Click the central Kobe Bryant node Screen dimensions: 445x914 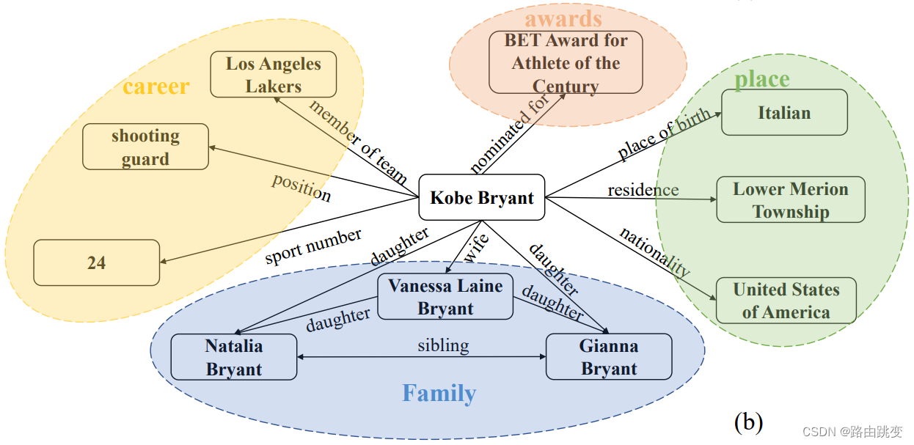(x=482, y=197)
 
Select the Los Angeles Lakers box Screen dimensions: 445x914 (x=274, y=74)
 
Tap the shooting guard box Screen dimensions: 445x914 (x=145, y=147)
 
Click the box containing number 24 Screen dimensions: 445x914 (x=97, y=262)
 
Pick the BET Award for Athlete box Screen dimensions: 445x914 (x=566, y=62)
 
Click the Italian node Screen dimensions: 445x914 (x=784, y=113)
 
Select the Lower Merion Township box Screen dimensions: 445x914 (x=791, y=200)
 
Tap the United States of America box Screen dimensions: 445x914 (x=786, y=301)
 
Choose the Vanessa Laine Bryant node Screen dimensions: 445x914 (x=445, y=297)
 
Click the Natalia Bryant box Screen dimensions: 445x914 (x=234, y=357)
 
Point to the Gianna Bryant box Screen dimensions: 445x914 (x=609, y=357)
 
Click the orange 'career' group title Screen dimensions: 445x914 (x=156, y=87)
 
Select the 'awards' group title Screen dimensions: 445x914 (x=563, y=18)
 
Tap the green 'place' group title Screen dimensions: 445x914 (x=762, y=79)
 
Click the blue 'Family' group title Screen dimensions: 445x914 (x=439, y=394)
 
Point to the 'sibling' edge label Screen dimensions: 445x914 (x=443, y=345)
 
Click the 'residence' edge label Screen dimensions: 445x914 (x=643, y=190)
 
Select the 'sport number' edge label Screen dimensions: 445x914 (x=313, y=246)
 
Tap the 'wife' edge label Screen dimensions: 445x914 (x=477, y=247)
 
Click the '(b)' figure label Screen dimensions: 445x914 (x=748, y=422)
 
